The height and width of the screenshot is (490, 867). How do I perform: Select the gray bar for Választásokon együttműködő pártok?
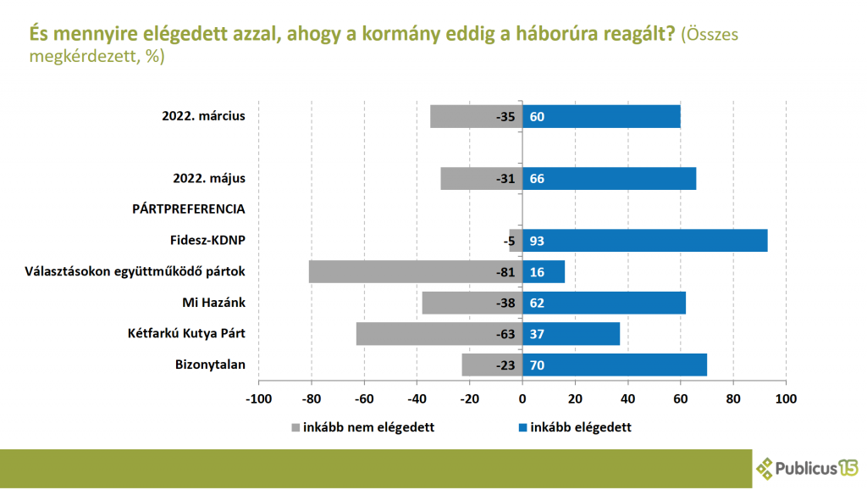click(x=415, y=271)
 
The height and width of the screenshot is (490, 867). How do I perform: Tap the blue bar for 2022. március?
click(x=601, y=116)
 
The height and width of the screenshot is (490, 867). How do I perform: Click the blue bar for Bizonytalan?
click(x=615, y=365)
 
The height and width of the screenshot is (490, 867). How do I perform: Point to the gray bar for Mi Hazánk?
click(x=472, y=303)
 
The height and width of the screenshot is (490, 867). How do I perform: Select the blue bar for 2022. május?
click(x=610, y=178)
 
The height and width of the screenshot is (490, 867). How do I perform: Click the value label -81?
click(x=505, y=272)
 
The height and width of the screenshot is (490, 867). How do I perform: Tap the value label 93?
click(x=537, y=242)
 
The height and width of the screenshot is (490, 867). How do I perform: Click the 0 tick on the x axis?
click(x=522, y=398)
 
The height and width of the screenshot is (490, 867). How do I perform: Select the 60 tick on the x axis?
click(x=681, y=398)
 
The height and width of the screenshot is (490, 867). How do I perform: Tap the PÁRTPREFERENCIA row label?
click(x=188, y=209)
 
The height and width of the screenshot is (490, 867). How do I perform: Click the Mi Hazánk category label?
click(x=213, y=303)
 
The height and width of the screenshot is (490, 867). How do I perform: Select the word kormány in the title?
click(x=386, y=34)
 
